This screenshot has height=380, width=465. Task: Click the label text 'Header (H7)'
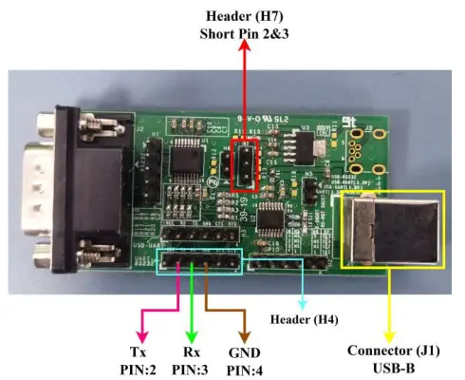coord(248,16)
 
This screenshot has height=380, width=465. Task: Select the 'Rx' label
coord(192,348)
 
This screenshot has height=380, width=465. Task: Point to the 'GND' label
coord(244,348)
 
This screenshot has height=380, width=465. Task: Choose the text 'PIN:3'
coord(192,366)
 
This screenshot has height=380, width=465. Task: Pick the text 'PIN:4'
coord(244,366)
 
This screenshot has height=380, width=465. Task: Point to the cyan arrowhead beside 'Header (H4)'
coord(302,303)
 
